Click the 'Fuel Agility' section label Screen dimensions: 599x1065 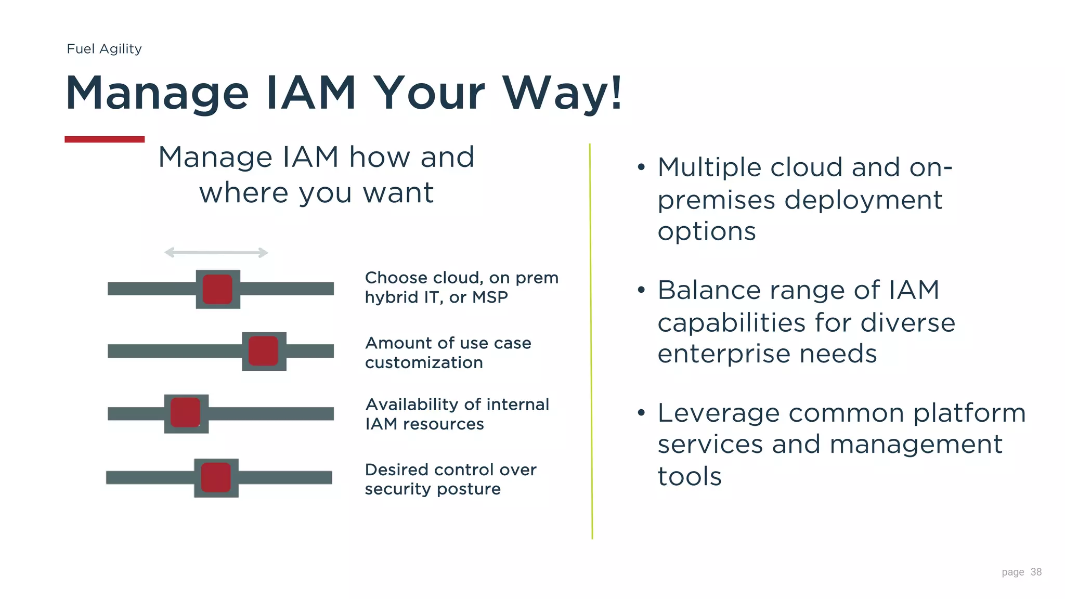(104, 49)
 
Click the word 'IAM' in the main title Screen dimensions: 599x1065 (310, 94)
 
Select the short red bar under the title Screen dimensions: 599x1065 (104, 139)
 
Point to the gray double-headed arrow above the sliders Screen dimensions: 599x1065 (216, 253)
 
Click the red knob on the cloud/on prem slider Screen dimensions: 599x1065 (217, 289)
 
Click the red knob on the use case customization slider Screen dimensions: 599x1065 (263, 351)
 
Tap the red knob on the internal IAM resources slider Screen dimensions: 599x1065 (186, 413)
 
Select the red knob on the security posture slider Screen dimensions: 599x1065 (216, 477)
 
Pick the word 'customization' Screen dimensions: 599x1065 (424, 362)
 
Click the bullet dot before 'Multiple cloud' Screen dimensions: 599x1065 (641, 167)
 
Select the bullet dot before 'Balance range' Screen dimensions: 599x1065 (641, 290)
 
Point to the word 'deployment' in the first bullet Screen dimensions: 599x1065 (863, 200)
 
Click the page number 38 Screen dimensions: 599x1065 (1036, 572)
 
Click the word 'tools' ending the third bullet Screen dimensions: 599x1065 (689, 477)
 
